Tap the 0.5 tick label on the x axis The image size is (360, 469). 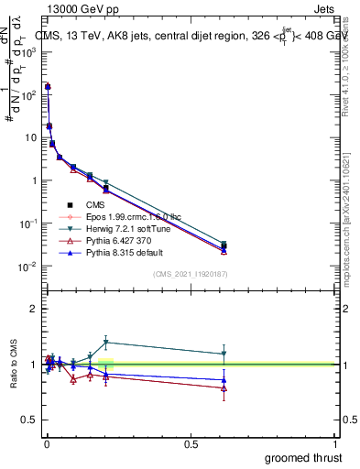pyautogui.click(x=191, y=442)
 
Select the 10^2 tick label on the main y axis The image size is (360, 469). pyautogui.click(x=28, y=94)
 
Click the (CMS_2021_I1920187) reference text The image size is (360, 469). pyautogui.click(x=190, y=274)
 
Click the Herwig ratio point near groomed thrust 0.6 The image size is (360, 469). pyautogui.click(x=224, y=354)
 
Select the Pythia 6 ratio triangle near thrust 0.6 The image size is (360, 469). pyautogui.click(x=224, y=388)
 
